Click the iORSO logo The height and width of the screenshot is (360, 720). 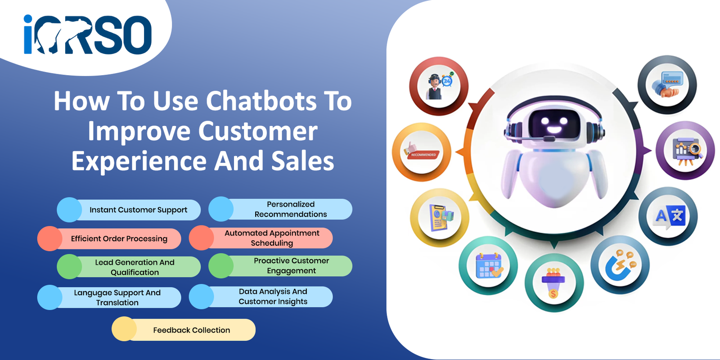pos(87,34)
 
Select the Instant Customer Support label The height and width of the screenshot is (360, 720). pos(138,210)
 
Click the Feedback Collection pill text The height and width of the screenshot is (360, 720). pos(192,330)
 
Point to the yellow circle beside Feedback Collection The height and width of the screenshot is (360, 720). pos(124,329)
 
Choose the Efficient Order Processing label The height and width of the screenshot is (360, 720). pos(119,239)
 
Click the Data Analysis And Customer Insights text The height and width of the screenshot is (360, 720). pos(273,297)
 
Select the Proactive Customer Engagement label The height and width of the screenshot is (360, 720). pos(291,265)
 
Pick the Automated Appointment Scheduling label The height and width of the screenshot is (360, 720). pos(272,238)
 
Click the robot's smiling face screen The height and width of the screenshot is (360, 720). pos(554,123)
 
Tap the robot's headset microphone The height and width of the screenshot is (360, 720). pos(549,139)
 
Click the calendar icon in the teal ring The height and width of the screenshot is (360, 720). pos(489,265)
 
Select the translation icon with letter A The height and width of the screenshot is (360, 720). pos(670,216)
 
